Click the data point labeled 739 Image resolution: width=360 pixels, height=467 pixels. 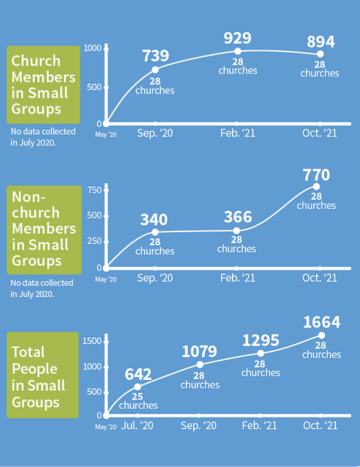[x=155, y=70]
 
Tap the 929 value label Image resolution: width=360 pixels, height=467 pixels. [x=237, y=38]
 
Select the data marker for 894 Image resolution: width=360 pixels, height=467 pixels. [x=320, y=54]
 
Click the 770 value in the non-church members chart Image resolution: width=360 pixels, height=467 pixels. [x=316, y=175]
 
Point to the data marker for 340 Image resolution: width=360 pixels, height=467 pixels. [x=155, y=232]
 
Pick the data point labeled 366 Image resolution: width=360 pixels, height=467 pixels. [x=237, y=231]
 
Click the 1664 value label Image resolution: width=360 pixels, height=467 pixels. [x=322, y=322]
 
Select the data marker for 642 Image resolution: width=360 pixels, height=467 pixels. [x=138, y=387]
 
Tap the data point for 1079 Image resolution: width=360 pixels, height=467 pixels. [x=200, y=365]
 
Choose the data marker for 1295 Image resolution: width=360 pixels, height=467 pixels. [x=261, y=353]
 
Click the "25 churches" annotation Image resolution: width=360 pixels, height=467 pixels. [x=139, y=401]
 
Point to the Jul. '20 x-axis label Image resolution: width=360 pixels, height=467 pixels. [x=137, y=426]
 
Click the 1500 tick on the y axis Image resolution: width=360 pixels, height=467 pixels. [x=92, y=341]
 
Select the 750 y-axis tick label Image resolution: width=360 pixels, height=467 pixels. [x=95, y=190]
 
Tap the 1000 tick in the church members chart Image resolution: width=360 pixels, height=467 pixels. [x=93, y=48]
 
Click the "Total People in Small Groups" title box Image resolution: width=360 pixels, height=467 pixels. [x=43, y=375]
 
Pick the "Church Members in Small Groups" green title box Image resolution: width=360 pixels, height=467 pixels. [x=43, y=84]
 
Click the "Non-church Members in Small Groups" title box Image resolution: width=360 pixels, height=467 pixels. [x=44, y=230]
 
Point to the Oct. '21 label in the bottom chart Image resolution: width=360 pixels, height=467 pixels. [x=320, y=425]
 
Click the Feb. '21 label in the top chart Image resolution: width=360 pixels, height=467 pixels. [x=237, y=133]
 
